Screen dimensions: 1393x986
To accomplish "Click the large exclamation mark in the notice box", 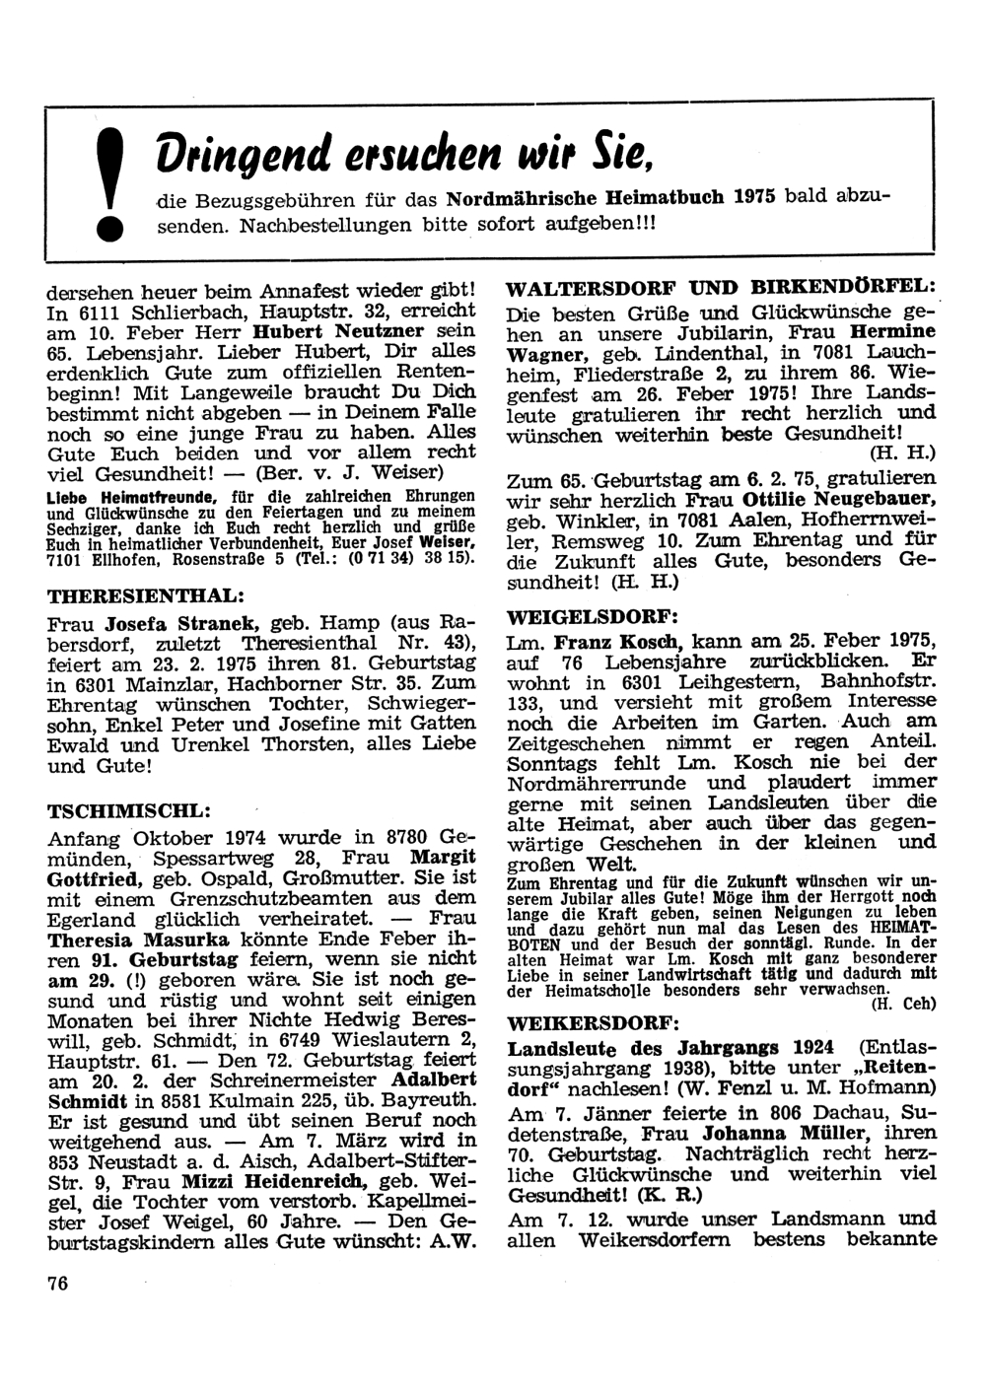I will click(115, 189).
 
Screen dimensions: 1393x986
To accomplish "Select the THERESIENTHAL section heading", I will click(145, 597).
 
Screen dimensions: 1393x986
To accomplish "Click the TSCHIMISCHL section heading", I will click(129, 810).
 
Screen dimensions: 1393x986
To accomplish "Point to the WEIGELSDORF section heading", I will click(592, 616).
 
